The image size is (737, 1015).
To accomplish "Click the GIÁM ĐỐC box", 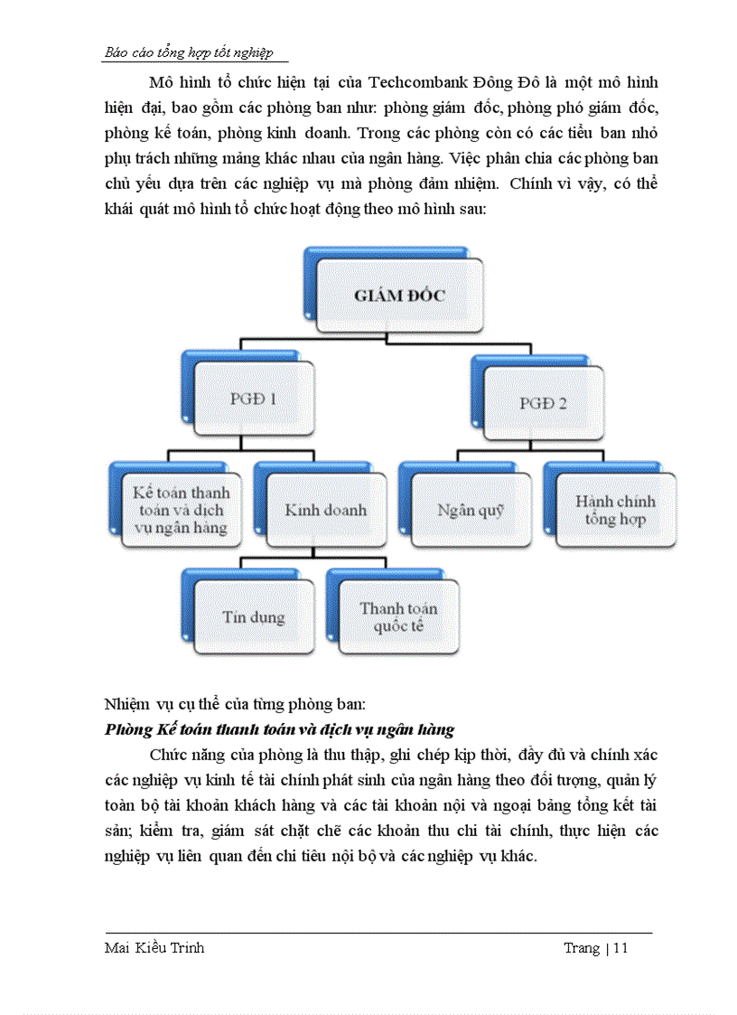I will (399, 296).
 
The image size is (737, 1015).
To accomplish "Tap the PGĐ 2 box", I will (543, 403).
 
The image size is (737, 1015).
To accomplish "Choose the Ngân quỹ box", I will (471, 511).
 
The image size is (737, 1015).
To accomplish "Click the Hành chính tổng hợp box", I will (615, 511).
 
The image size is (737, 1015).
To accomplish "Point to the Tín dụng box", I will (254, 617).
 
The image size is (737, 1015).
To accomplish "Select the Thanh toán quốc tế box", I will (398, 616).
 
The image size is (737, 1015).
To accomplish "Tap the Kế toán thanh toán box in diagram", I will (181, 511).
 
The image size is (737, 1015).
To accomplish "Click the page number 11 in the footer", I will (620, 948).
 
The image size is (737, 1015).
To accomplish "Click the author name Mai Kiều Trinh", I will (154, 948).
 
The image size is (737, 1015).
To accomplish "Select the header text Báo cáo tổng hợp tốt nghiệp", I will (189, 53).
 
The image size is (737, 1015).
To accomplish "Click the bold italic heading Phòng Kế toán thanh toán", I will (279, 729).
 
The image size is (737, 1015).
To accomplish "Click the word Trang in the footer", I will (583, 948).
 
